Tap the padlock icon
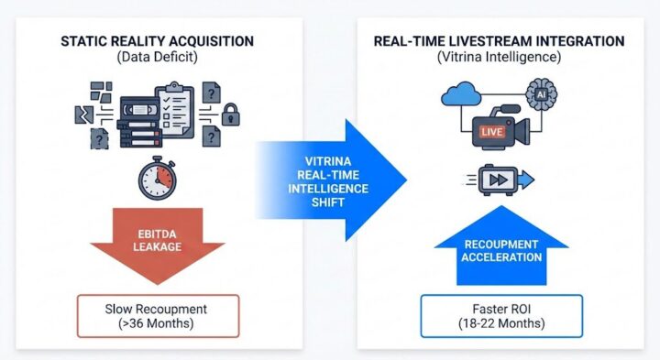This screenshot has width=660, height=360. coord(232,115)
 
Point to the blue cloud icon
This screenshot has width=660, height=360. coord(461,95)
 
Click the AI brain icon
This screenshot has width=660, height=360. coord(542,94)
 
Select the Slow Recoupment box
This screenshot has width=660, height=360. coord(159,313)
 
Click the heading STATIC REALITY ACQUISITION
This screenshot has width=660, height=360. coord(159,40)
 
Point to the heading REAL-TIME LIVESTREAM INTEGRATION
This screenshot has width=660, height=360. coord(500,40)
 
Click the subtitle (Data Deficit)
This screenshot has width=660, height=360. coord(159,57)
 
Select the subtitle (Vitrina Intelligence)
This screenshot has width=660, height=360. coord(500,57)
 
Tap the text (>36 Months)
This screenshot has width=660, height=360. coord(159,322)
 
